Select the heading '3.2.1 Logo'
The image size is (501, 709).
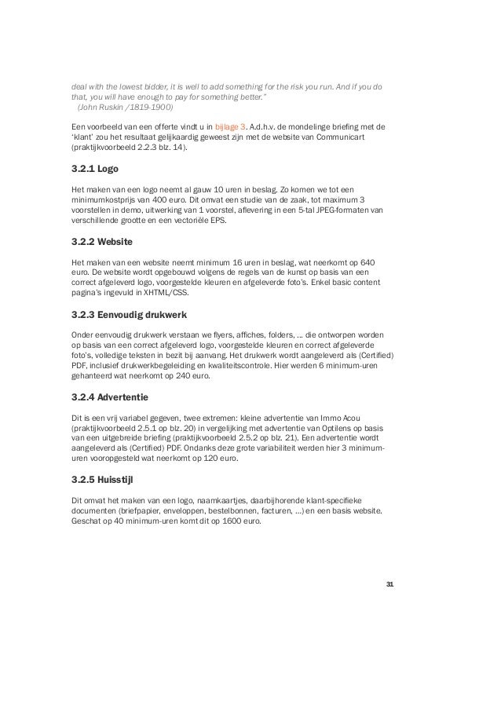(x=90, y=167)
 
